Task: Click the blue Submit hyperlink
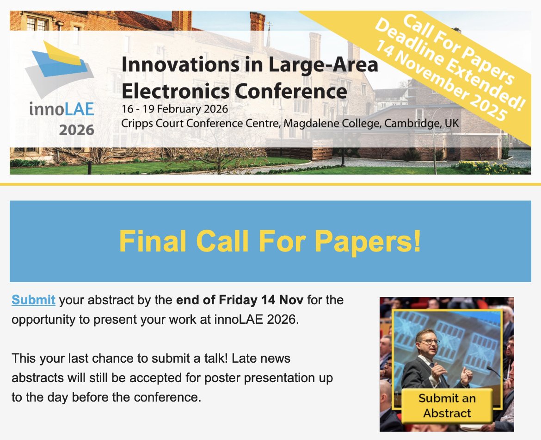[33, 300]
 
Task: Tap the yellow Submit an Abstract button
[447, 405]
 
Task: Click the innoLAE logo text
[61, 109]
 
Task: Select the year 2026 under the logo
[76, 130]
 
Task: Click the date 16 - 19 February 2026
[175, 110]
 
